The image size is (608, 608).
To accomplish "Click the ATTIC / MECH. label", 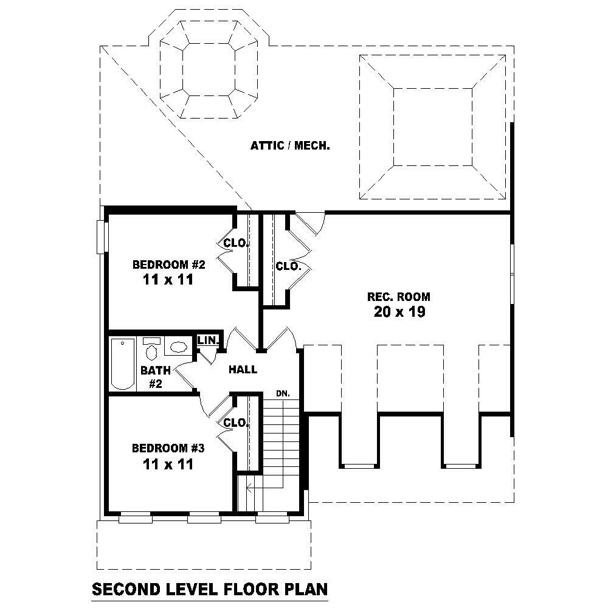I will (x=290, y=146).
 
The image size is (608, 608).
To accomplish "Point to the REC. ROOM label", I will (x=398, y=297).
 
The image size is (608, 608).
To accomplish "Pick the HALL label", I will (x=243, y=369).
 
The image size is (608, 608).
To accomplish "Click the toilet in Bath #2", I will (x=151, y=350).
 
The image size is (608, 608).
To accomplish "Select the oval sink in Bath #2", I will (x=178, y=347).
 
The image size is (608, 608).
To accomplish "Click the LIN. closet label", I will (x=208, y=340).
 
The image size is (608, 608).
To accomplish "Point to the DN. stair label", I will (x=283, y=394).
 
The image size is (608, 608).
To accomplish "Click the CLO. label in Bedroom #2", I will (x=236, y=243).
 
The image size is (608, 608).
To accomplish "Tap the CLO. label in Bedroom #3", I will (x=236, y=423).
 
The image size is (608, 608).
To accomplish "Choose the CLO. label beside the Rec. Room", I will (x=288, y=266).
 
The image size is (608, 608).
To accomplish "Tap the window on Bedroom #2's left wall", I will (x=102, y=236).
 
